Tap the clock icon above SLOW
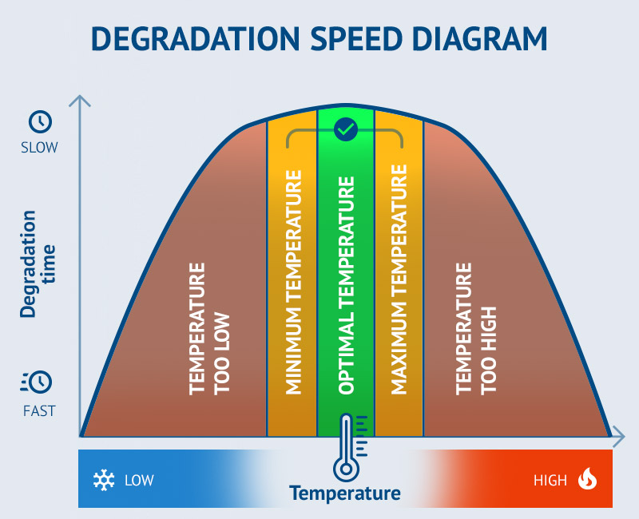point(40,121)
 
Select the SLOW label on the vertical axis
point(40,148)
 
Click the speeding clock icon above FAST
point(37,382)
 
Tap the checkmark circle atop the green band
point(345,128)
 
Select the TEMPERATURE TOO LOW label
point(209,327)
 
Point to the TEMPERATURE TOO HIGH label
point(475,327)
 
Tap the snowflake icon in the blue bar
point(103,480)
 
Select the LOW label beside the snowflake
point(139,481)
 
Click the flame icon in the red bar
point(588,479)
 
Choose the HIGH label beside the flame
point(550,481)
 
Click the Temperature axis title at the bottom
point(345,493)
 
